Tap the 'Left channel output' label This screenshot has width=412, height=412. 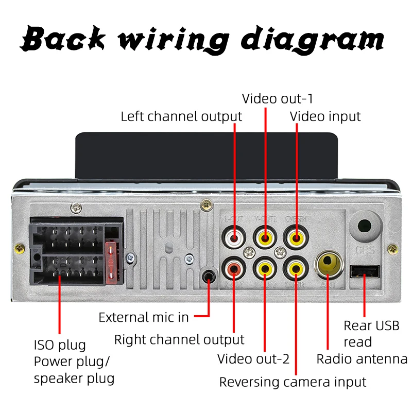click(x=181, y=116)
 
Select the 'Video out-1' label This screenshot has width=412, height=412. click(x=278, y=98)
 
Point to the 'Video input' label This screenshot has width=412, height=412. click(x=325, y=116)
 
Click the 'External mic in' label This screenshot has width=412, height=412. click(x=144, y=317)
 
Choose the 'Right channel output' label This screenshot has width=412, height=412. click(x=179, y=340)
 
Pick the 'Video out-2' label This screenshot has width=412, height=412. click(x=253, y=358)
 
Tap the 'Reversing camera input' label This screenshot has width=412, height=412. click(x=293, y=382)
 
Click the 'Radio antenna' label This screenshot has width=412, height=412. click(x=362, y=359)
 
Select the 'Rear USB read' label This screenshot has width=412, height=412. click(x=371, y=334)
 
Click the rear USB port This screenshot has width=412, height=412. click(x=365, y=271)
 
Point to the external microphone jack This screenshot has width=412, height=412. click(x=208, y=276)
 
